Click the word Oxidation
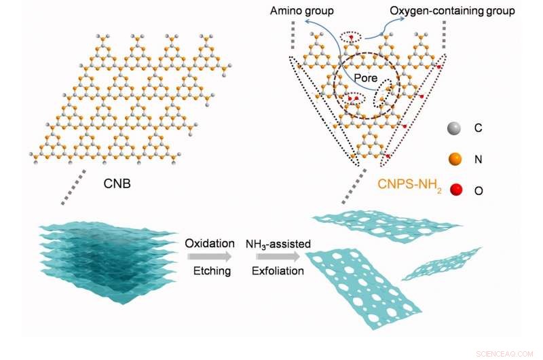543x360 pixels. click(210, 243)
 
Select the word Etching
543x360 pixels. click(210, 272)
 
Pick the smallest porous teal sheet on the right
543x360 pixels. click(441, 264)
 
